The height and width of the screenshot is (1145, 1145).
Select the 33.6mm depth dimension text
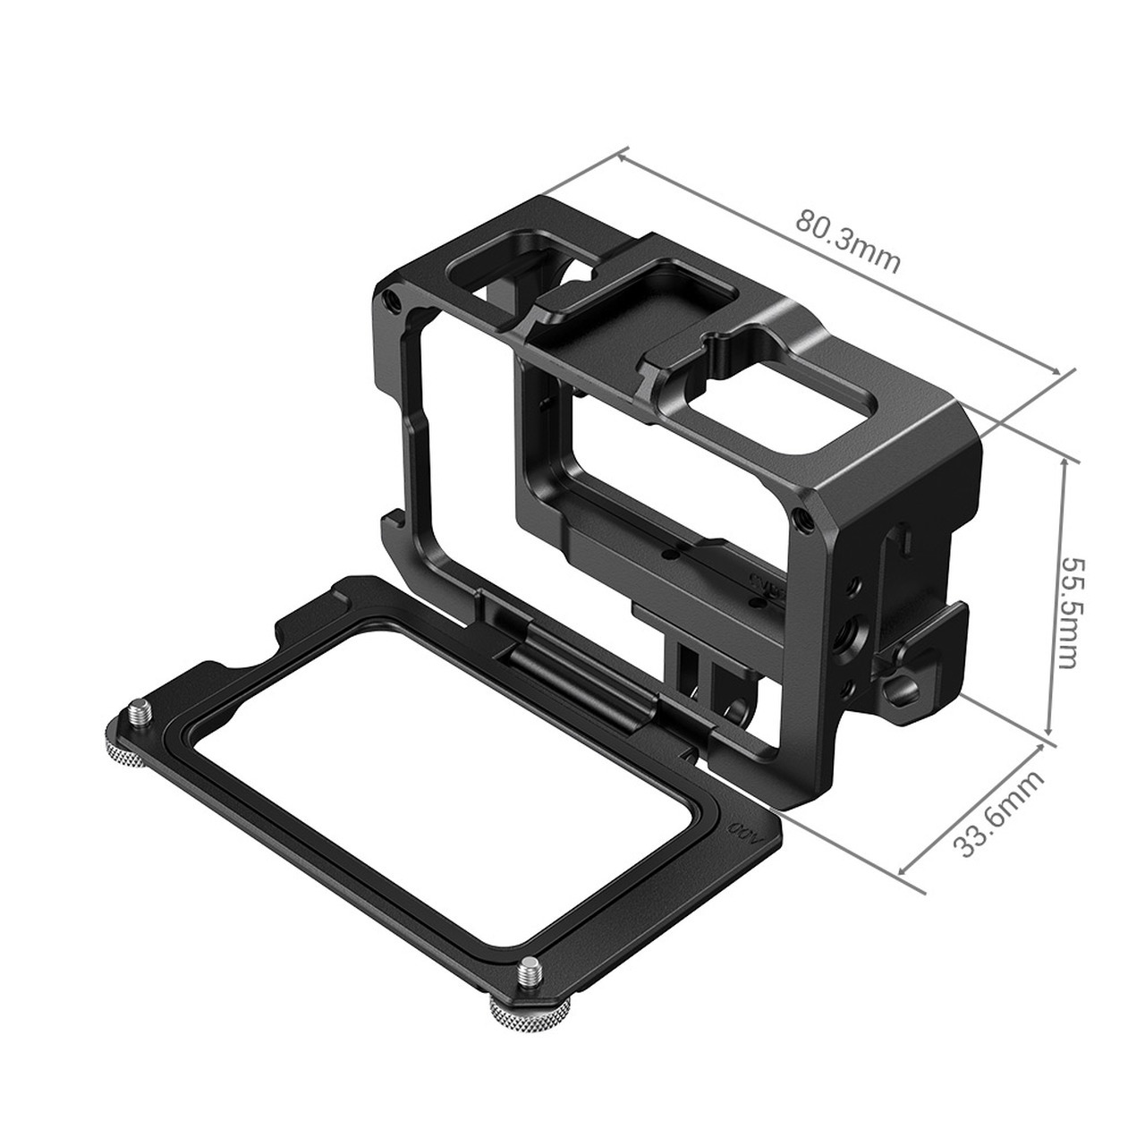tap(999, 813)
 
